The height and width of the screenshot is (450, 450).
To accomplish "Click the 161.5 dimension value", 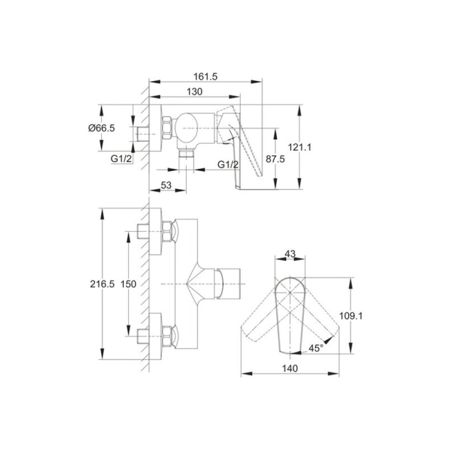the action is (x=205, y=76).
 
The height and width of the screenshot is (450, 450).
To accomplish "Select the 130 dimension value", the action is (x=195, y=92).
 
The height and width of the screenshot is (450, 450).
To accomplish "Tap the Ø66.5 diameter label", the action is (x=102, y=128).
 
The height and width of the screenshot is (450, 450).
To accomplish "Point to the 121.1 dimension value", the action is (x=299, y=147).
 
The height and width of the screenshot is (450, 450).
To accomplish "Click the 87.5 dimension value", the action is (x=275, y=159).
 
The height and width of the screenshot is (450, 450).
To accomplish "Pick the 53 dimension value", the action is (x=166, y=185).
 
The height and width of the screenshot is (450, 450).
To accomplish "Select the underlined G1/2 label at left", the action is (x=121, y=159).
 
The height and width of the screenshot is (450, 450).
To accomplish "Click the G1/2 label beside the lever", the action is (x=228, y=164).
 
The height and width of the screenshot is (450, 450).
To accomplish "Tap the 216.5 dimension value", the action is (x=102, y=284).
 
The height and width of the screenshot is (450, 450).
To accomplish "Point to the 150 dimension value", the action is (x=128, y=284).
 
